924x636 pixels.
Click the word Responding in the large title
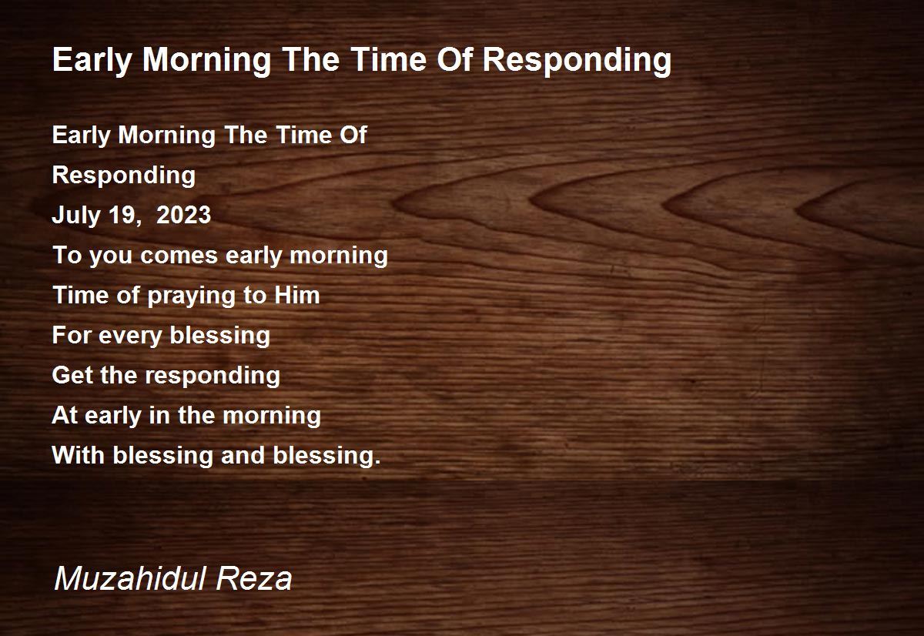tap(577, 61)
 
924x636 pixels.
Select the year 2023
tap(183, 215)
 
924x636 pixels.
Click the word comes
tap(179, 256)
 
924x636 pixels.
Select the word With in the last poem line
tap(78, 455)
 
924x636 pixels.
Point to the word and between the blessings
tap(243, 455)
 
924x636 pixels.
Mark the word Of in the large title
tap(454, 60)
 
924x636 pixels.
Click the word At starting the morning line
tap(64, 415)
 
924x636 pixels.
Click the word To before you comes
tap(67, 255)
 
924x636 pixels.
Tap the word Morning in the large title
tap(206, 61)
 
